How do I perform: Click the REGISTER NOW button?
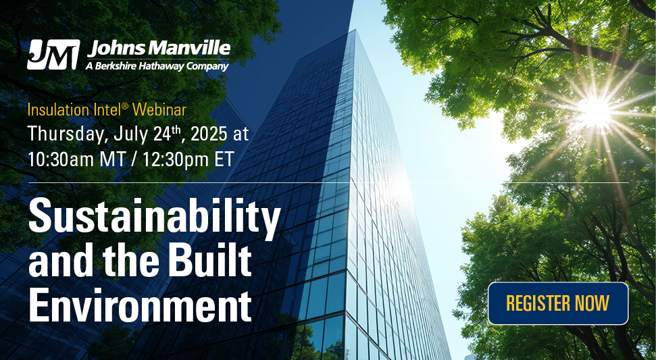(558, 303)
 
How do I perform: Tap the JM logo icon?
(53, 54)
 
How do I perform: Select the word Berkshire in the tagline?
(113, 66)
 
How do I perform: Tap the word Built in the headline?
(213, 261)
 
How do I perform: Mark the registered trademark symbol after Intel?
(125, 106)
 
